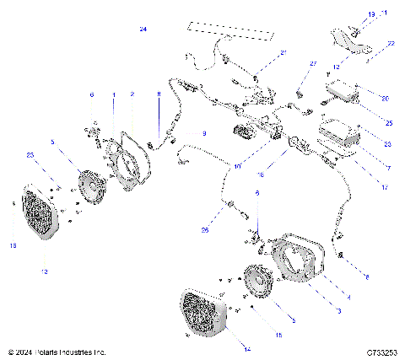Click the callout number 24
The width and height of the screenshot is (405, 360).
tap(143, 30)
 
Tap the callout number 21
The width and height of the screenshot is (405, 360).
tap(283, 53)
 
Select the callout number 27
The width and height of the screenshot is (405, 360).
tap(311, 64)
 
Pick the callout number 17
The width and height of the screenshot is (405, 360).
tap(384, 187)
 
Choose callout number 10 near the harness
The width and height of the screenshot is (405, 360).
tap(238, 168)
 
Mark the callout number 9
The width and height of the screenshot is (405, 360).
tap(202, 133)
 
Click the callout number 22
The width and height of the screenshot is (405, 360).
tap(391, 42)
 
